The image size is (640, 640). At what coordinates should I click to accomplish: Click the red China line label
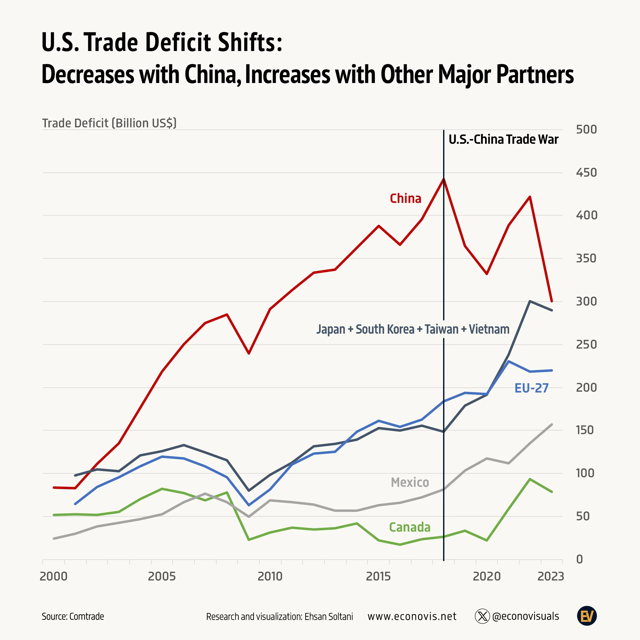coord(406,198)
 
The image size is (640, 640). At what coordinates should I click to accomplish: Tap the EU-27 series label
coord(531,388)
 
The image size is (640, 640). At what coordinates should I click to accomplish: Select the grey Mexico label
coord(410,482)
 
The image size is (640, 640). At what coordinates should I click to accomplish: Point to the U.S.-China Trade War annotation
coord(503,140)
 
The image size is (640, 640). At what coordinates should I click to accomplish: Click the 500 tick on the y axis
coord(586,129)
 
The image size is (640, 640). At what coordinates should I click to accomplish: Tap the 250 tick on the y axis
coord(586,345)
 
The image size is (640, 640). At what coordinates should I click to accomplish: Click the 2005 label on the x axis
coord(162,576)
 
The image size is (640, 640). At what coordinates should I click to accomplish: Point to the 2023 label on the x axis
coord(550,576)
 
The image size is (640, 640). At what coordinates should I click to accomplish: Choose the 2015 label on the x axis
coord(378,576)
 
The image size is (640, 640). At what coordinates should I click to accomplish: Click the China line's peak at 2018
coord(444,179)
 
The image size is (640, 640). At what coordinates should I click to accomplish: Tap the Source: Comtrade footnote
coord(73,617)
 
